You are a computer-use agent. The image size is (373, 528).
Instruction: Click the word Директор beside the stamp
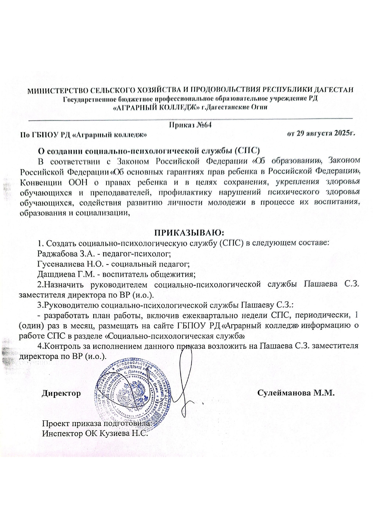tap(61, 393)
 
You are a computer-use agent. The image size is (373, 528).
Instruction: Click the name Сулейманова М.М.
tap(296, 393)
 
